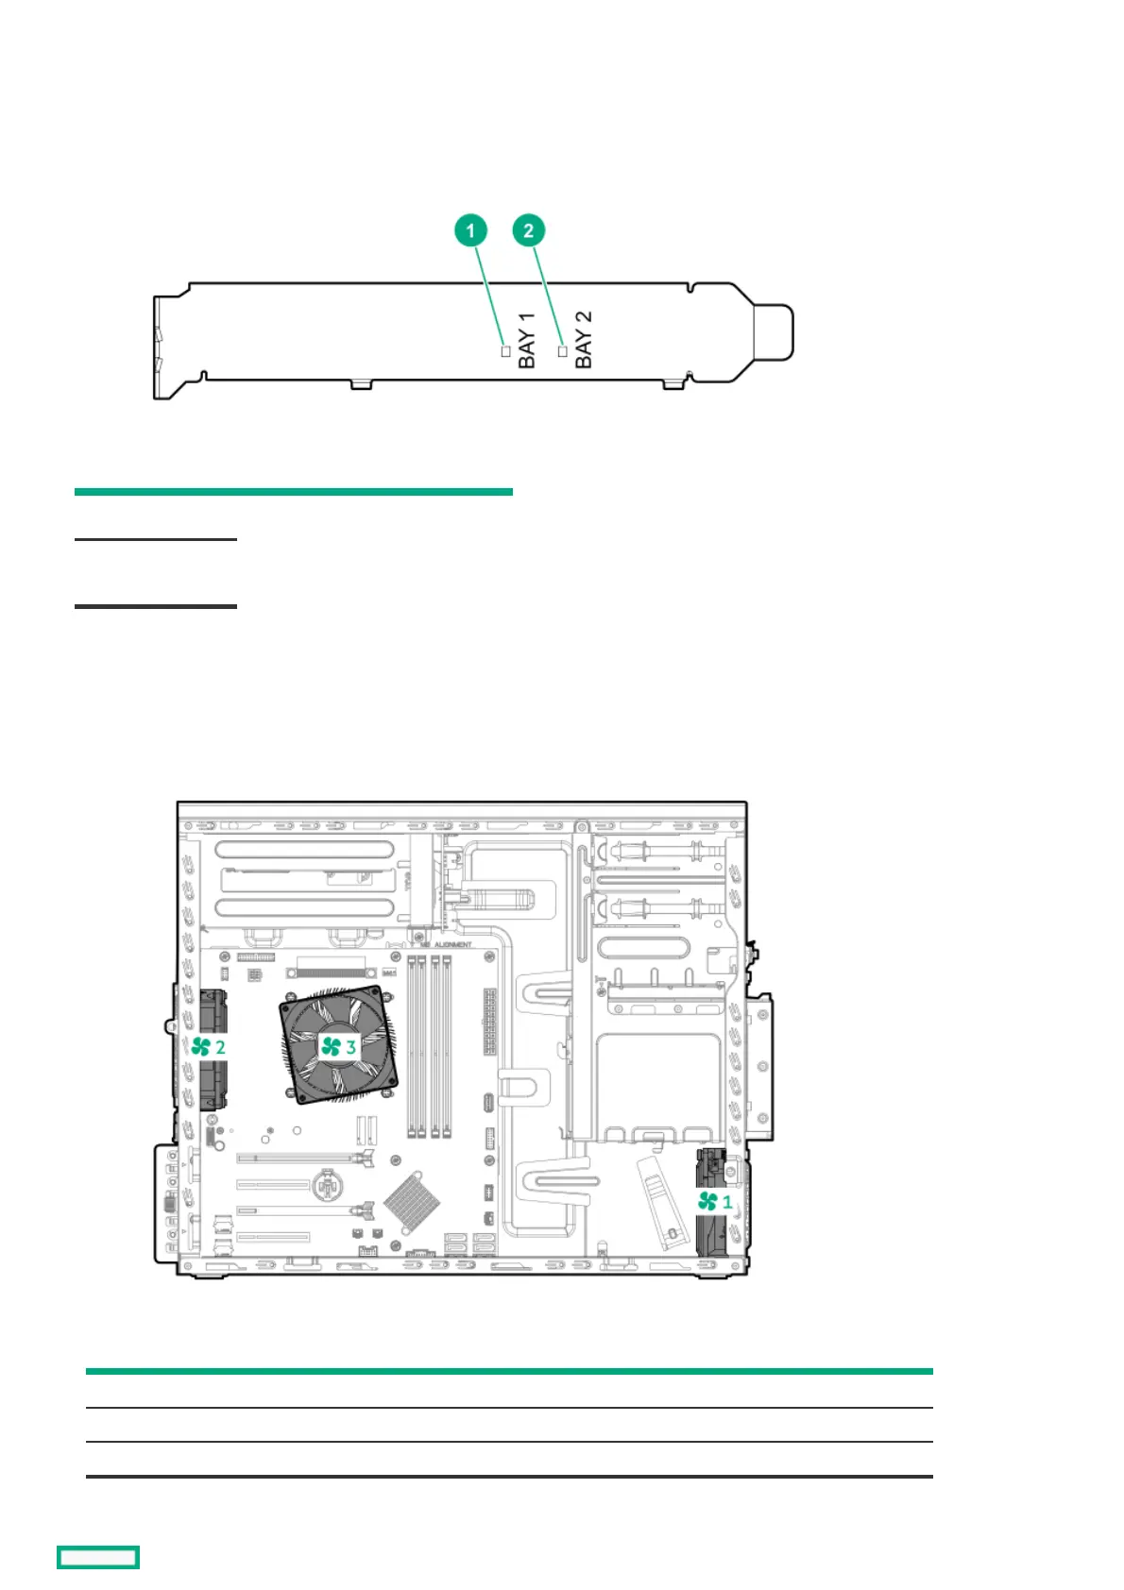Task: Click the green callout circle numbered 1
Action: point(470,230)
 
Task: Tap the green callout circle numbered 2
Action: point(529,230)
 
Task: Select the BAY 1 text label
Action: point(527,340)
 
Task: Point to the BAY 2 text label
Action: point(584,339)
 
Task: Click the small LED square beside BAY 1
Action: point(506,351)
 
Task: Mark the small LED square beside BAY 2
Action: point(563,351)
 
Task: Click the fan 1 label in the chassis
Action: point(715,1201)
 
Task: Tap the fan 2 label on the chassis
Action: point(209,1046)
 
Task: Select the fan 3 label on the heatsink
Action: point(338,1046)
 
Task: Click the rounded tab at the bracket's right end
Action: point(774,332)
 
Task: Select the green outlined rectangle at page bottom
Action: point(98,1557)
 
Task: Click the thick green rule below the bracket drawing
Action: point(293,492)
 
